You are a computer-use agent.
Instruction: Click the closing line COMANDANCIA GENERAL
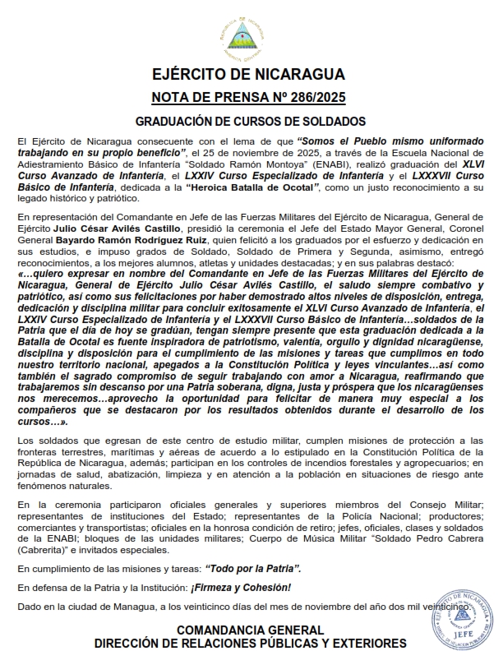[x=250, y=630]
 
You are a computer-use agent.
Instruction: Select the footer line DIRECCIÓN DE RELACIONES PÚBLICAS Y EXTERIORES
[x=250, y=642]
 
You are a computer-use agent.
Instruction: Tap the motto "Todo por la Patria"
[x=253, y=569]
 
